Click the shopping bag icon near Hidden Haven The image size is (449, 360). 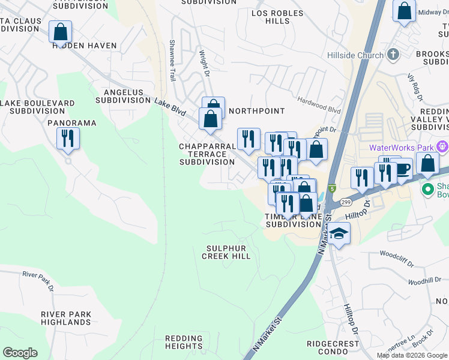click(x=60, y=32)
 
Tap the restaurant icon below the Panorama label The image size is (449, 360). click(x=68, y=139)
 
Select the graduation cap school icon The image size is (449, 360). click(x=339, y=234)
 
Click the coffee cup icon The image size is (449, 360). click(x=402, y=169)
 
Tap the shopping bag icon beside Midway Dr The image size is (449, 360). click(x=405, y=11)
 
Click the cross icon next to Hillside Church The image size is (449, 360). click(x=393, y=55)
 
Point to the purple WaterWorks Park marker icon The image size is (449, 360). click(x=443, y=146)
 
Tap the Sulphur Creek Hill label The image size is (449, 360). click(x=226, y=252)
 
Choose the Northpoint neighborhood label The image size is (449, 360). click(x=256, y=111)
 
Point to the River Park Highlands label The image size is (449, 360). click(x=66, y=318)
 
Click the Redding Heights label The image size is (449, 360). click(x=184, y=342)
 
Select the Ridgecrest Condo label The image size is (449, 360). click(x=333, y=348)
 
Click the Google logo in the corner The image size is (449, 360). click(x=20, y=353)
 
